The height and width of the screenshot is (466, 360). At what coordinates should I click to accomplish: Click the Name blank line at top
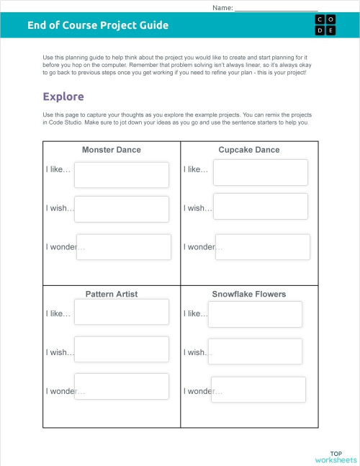(x=276, y=8)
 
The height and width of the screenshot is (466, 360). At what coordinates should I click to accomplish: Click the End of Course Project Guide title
(x=98, y=25)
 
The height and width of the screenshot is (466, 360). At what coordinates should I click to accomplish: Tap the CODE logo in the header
(x=325, y=24)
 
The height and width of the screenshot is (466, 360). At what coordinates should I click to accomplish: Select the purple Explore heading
(x=63, y=97)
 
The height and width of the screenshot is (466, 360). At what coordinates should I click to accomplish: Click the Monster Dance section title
(x=112, y=150)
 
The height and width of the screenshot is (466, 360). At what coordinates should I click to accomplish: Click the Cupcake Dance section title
(x=249, y=150)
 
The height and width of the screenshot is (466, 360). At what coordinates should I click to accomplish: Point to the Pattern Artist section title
(x=112, y=294)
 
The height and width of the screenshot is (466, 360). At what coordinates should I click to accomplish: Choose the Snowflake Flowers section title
(x=249, y=294)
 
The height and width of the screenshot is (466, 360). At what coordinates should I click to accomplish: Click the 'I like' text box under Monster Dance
(x=122, y=175)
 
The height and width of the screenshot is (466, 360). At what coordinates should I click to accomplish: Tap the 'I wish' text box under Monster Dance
(x=122, y=209)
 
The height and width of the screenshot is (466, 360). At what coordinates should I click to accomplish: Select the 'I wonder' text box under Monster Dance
(x=124, y=247)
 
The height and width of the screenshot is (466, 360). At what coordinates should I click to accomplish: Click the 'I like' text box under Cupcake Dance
(x=261, y=172)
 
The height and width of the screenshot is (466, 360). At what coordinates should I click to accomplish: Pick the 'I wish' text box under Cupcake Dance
(x=261, y=207)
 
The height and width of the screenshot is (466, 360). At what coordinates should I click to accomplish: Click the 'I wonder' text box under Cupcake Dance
(x=263, y=247)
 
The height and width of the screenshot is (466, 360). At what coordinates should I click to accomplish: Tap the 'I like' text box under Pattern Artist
(x=122, y=312)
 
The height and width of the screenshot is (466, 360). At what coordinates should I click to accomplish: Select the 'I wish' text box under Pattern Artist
(x=122, y=349)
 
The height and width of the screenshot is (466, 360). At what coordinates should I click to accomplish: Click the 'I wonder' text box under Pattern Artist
(x=122, y=387)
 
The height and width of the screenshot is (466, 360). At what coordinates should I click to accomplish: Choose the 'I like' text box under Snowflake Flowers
(x=255, y=314)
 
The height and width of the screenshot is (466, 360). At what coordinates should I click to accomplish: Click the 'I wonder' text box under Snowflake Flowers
(x=258, y=390)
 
